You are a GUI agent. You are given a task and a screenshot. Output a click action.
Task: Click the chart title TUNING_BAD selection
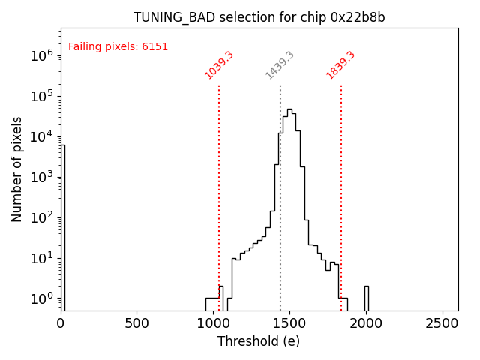(259, 17)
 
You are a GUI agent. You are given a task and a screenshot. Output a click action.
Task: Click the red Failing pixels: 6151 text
(118, 46)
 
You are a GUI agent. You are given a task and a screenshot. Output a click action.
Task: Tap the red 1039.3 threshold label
(219, 65)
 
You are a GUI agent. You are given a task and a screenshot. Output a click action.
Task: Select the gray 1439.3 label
(280, 65)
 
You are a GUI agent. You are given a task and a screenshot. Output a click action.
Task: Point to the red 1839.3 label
(340, 65)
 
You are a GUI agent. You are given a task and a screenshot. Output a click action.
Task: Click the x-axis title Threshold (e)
(259, 341)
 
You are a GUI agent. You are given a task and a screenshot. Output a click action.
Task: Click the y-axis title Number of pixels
(17, 169)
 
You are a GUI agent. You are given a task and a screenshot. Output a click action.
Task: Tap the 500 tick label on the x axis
(136, 323)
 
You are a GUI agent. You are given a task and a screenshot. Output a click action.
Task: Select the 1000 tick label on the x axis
(213, 323)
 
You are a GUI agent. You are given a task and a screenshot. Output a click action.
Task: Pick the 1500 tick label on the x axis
(289, 323)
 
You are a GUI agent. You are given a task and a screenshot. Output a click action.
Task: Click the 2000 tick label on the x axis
(366, 323)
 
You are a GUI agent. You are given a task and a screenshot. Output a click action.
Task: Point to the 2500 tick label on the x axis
(442, 323)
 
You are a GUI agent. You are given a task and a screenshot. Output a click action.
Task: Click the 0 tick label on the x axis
(61, 323)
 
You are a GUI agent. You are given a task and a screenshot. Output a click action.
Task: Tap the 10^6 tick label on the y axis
(40, 55)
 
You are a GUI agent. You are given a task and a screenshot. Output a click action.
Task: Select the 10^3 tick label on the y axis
(40, 177)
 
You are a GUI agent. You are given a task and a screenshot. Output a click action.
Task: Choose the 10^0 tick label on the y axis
(40, 298)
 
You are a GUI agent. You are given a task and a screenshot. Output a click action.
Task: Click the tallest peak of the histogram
(289, 110)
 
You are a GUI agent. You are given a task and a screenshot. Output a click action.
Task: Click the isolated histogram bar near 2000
(366, 297)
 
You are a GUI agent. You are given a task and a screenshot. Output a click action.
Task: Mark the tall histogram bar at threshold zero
(62, 225)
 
